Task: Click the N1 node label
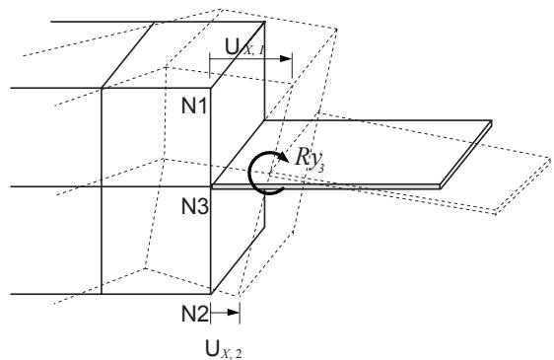(x=194, y=106)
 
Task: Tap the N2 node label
(x=194, y=314)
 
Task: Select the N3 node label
(x=194, y=206)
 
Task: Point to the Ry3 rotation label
(x=310, y=159)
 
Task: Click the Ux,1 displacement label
(x=244, y=47)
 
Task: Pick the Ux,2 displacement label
(x=224, y=350)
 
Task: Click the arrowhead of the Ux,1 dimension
(x=285, y=59)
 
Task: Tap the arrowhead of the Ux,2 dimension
(x=234, y=313)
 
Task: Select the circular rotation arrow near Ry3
(x=250, y=174)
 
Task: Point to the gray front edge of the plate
(x=326, y=186)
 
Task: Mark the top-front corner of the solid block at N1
(x=211, y=88)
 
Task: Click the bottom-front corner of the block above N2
(x=211, y=294)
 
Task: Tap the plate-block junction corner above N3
(x=211, y=185)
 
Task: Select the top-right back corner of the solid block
(x=264, y=22)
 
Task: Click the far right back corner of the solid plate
(x=492, y=120)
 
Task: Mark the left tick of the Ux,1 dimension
(x=210, y=65)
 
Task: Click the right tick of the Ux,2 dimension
(x=240, y=313)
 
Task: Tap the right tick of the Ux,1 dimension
(x=292, y=66)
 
